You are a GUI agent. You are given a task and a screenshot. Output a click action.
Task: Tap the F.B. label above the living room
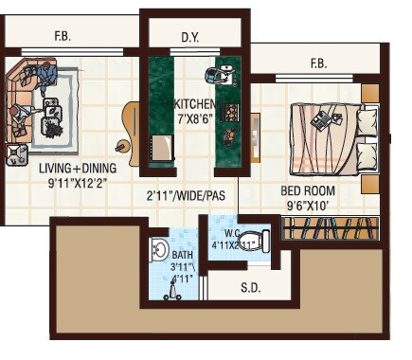[x=63, y=38]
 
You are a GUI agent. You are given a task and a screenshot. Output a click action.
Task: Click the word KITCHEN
[x=195, y=103]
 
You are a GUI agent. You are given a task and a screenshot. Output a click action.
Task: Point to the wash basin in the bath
[x=159, y=251]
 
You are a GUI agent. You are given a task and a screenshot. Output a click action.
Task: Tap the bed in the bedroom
[x=327, y=132]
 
